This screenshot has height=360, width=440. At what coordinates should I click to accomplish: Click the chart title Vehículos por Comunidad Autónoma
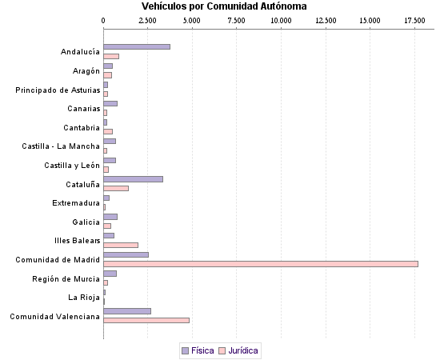point(224,6)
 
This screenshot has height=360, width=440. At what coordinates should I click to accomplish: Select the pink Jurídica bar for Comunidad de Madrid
point(260,264)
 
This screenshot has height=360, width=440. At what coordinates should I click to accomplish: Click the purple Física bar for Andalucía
point(137,47)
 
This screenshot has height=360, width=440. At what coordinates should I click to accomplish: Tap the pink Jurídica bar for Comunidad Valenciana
point(146,320)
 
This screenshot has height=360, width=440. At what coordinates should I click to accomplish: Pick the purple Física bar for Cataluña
point(133,179)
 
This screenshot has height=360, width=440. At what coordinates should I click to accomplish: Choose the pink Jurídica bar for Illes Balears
point(121,245)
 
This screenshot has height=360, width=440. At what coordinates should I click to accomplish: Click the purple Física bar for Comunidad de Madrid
point(126,254)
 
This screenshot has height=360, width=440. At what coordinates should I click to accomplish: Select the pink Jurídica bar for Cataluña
point(116,188)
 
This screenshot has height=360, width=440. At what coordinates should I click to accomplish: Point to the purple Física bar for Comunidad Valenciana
point(127,311)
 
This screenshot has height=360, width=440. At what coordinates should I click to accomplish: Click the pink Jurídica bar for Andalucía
point(111,56)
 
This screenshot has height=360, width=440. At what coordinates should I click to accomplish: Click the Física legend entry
point(198,350)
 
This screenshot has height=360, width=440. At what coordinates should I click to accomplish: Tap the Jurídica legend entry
point(238,350)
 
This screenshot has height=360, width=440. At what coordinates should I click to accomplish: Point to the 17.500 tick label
point(414,18)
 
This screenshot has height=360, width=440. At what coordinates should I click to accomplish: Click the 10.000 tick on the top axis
point(282,18)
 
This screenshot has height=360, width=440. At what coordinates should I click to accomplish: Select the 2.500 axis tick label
point(148,18)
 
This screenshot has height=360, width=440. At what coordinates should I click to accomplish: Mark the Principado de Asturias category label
point(58,90)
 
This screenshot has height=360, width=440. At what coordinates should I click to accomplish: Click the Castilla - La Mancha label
point(61,146)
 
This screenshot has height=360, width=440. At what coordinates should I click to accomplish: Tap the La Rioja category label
point(84,298)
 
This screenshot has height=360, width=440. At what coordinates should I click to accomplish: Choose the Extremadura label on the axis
point(76,203)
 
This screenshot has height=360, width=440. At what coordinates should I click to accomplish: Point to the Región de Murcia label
point(66,278)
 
